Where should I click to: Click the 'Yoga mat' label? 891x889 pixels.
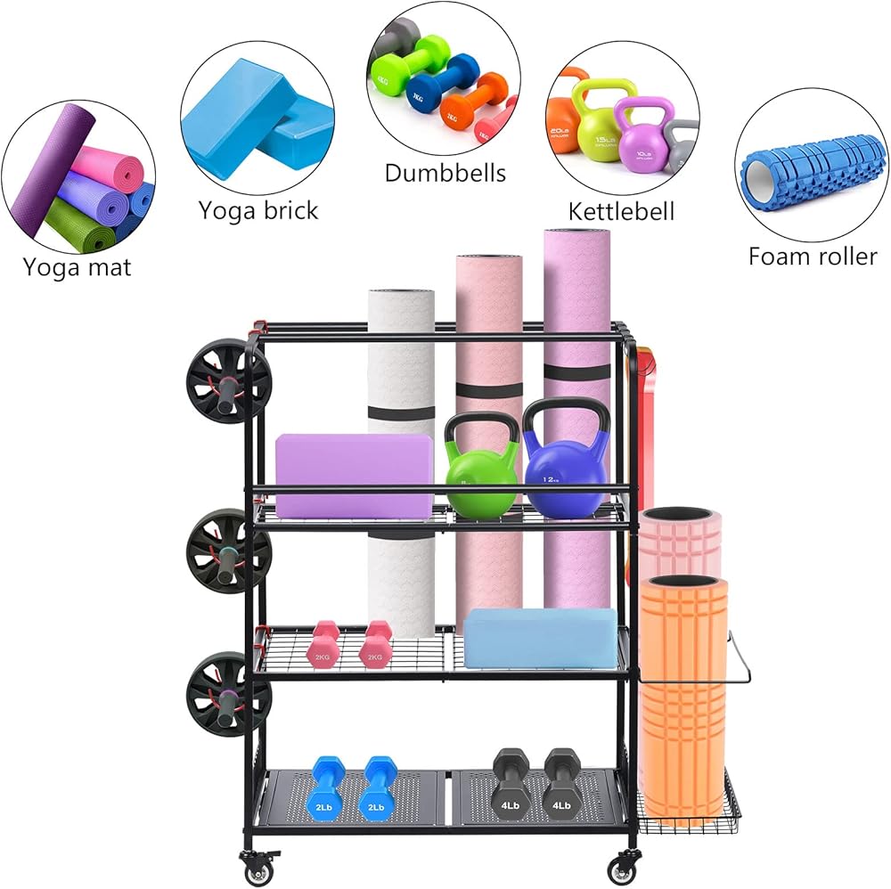77,266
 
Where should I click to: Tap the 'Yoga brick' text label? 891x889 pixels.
257,210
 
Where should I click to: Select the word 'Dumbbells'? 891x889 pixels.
445,172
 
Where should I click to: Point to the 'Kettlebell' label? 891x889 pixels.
621,211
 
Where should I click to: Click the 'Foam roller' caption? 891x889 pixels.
812,257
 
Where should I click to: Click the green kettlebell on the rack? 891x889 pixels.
480,471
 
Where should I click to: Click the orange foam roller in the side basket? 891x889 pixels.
683,695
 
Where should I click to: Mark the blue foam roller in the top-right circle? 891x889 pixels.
811,172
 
